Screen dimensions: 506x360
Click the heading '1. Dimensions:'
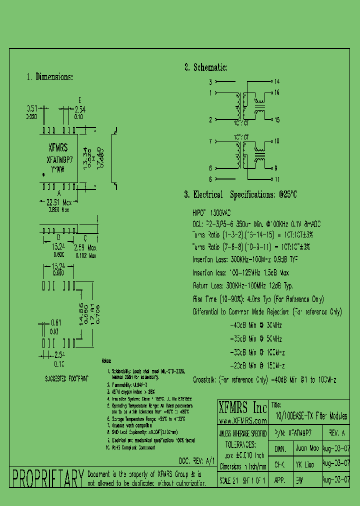tap(49, 77)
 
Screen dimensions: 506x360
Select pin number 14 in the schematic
tap(276, 81)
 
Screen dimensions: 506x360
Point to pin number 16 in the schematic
tap(276, 92)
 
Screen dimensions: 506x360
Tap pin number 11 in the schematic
tap(276, 178)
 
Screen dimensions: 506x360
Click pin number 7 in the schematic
tap(211, 141)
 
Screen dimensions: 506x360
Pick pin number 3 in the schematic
tap(211, 81)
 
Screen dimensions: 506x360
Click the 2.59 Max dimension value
tap(84, 247)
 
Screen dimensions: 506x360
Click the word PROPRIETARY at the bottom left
tap(47, 478)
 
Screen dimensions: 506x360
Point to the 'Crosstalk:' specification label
tap(204, 380)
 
